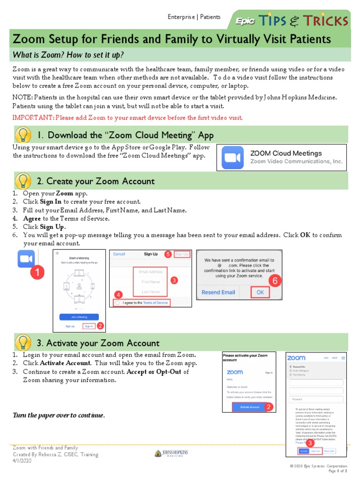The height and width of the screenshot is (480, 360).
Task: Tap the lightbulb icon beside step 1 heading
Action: pyautogui.click(x=23, y=135)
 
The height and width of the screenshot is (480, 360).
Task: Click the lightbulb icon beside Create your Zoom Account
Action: pyautogui.click(x=23, y=181)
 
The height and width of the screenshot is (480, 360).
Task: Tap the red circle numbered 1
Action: pyautogui.click(x=37, y=273)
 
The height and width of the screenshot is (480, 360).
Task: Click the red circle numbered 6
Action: pyautogui.click(x=275, y=281)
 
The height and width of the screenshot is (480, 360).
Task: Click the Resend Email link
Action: pyautogui.click(x=218, y=292)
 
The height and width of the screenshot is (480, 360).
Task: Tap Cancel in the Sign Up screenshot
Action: pyautogui.click(x=119, y=254)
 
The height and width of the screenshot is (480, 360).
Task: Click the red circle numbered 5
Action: pyautogui.click(x=168, y=255)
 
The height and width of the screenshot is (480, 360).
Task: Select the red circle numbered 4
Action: pyautogui.click(x=119, y=294)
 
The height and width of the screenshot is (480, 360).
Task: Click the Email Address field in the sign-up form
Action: pyautogui.click(x=150, y=272)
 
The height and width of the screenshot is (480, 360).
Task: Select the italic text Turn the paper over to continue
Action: pyautogui.click(x=59, y=416)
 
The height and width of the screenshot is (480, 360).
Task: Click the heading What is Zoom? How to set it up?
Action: pyautogui.click(x=68, y=55)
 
